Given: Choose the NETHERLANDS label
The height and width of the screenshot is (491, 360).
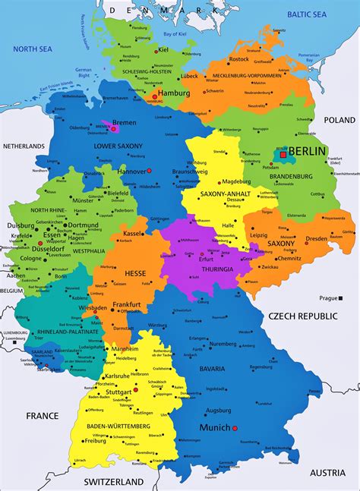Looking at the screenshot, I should tap(24, 145).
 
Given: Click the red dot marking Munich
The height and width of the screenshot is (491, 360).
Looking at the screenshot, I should tap(235, 428).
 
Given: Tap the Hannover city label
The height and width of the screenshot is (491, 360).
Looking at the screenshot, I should tap(131, 172).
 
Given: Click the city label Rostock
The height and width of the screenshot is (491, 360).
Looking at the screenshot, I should tap(238, 59).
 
